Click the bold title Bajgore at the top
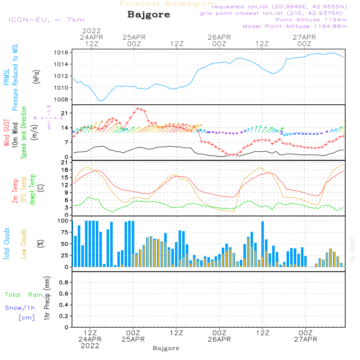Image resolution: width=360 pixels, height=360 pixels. point(149,14)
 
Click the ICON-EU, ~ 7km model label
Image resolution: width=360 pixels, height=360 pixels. point(46,20)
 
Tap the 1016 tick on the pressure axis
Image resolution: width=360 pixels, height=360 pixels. point(61,53)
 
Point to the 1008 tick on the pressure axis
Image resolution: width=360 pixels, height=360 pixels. point(61,100)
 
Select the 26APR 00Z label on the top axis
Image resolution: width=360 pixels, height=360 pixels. point(219,40)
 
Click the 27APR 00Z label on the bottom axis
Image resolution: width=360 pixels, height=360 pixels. point(306,336)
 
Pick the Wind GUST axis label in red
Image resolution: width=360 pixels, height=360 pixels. point(6,133)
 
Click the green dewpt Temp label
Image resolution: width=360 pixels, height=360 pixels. point(32,189)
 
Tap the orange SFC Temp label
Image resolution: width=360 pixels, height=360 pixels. point(24,190)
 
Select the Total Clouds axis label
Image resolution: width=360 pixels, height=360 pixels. point(6,244)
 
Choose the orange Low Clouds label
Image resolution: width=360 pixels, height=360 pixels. point(24,244)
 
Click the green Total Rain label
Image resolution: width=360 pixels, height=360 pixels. point(24,295)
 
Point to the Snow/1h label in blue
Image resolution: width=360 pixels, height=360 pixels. point(20,308)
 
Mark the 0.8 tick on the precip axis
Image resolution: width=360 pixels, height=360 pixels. point(64,282)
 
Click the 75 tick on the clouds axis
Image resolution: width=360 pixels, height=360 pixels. point(64,232)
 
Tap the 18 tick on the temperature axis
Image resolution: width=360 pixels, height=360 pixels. point(65,170)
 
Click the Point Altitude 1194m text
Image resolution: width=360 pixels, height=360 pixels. point(311,20)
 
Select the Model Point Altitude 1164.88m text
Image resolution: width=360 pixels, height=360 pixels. point(295,26)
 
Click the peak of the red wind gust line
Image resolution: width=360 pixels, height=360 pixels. point(138,108)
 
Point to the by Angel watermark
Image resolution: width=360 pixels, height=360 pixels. point(352,249)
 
